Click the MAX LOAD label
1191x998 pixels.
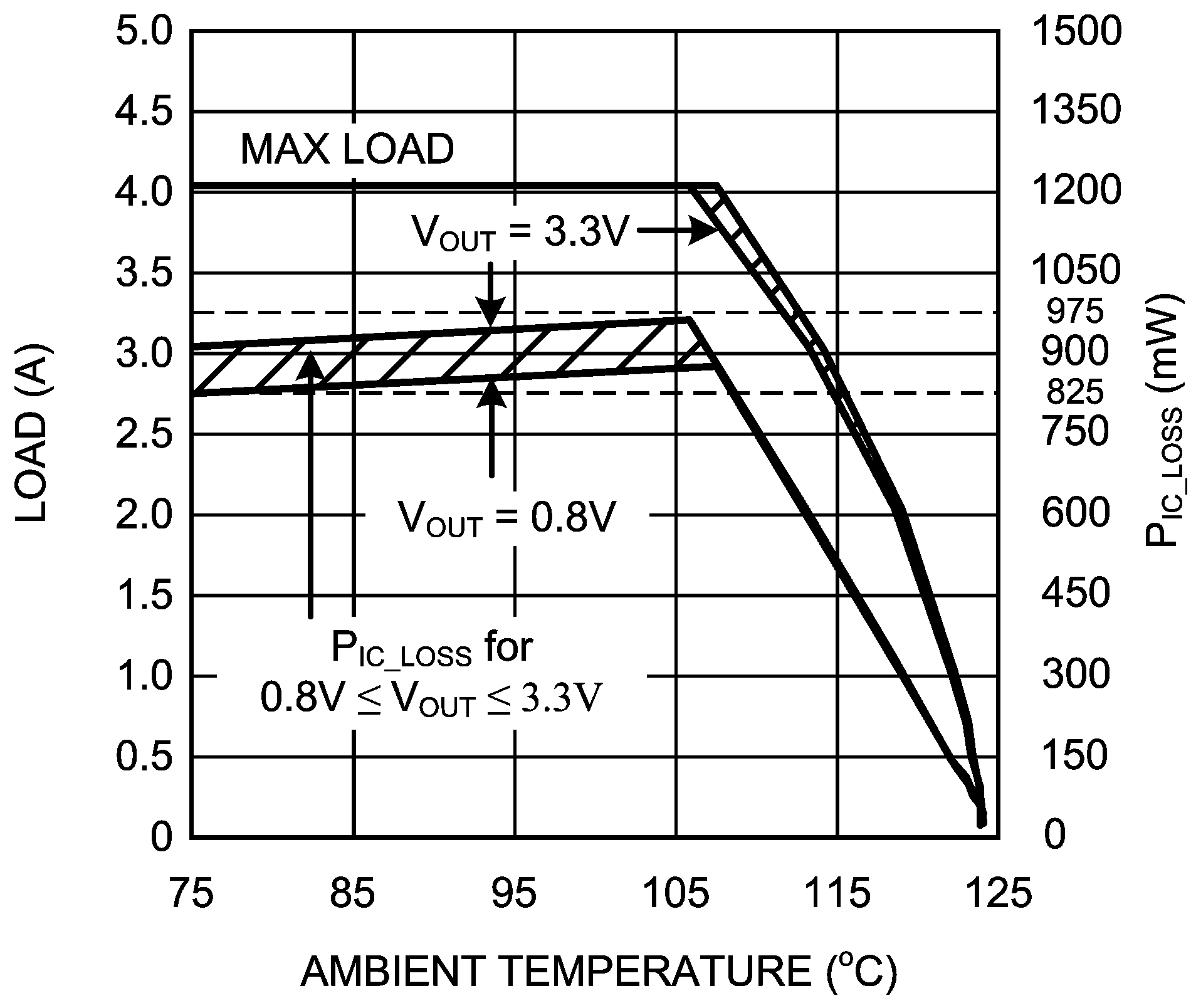(x=347, y=150)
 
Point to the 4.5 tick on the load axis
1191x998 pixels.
(x=144, y=112)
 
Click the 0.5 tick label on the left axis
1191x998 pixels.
(x=144, y=757)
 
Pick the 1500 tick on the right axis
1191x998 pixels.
(x=1076, y=31)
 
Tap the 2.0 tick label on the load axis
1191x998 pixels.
(x=144, y=515)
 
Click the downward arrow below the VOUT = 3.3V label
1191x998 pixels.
(x=491, y=295)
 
